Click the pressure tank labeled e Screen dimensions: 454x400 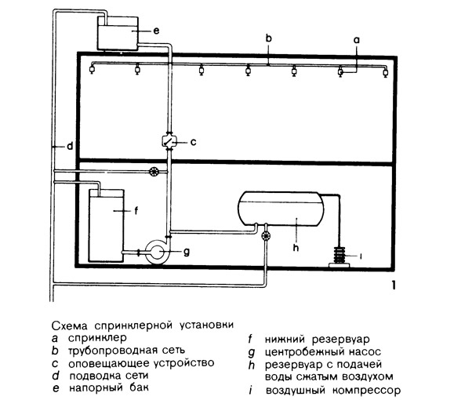(x=118, y=33)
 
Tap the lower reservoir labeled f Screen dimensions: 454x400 (x=107, y=226)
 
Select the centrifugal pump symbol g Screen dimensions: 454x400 (x=156, y=252)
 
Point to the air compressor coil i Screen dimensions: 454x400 (x=340, y=256)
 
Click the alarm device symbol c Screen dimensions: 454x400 (x=169, y=141)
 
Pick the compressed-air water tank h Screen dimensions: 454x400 (x=280, y=209)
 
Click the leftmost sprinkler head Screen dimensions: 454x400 (x=92, y=70)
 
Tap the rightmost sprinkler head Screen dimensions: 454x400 (x=386, y=72)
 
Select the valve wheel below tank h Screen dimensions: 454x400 (x=266, y=236)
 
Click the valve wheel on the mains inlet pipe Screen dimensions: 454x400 (x=154, y=172)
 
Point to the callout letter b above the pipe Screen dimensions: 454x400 (x=269, y=38)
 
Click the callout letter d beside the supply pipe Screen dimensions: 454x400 (x=70, y=146)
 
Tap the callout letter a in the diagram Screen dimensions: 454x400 (x=357, y=40)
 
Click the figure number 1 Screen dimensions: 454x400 (x=393, y=285)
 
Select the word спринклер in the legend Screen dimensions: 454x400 (x=97, y=338)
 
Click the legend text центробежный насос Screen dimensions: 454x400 (x=322, y=352)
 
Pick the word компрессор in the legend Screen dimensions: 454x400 (x=366, y=391)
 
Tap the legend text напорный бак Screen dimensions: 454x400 (x=108, y=387)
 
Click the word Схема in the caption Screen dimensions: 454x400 (x=69, y=325)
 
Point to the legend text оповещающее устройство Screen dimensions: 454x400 (x=141, y=363)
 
